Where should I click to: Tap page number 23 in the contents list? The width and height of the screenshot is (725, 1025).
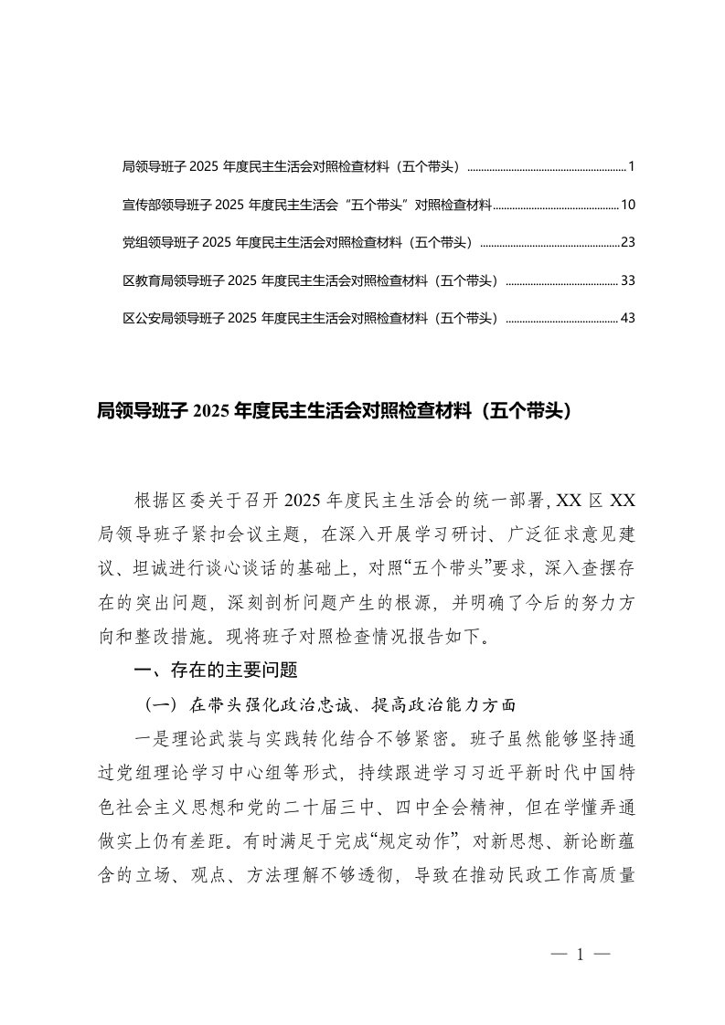coord(627,242)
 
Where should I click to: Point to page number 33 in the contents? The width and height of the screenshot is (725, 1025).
coord(627,280)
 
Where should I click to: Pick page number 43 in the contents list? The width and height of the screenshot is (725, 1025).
coord(627,318)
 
